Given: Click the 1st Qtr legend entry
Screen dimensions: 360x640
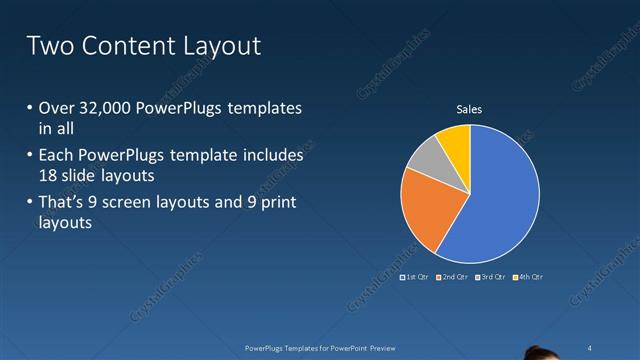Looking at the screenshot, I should coord(413,276).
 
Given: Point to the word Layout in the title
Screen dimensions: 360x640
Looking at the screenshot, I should coord(221,46).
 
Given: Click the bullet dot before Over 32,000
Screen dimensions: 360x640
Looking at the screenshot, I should coord(30,108).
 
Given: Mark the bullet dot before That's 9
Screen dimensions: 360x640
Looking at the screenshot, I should coord(30,204).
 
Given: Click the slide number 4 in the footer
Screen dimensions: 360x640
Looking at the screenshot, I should coord(591,347).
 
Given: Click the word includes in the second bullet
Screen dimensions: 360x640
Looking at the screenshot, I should coord(273,156).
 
